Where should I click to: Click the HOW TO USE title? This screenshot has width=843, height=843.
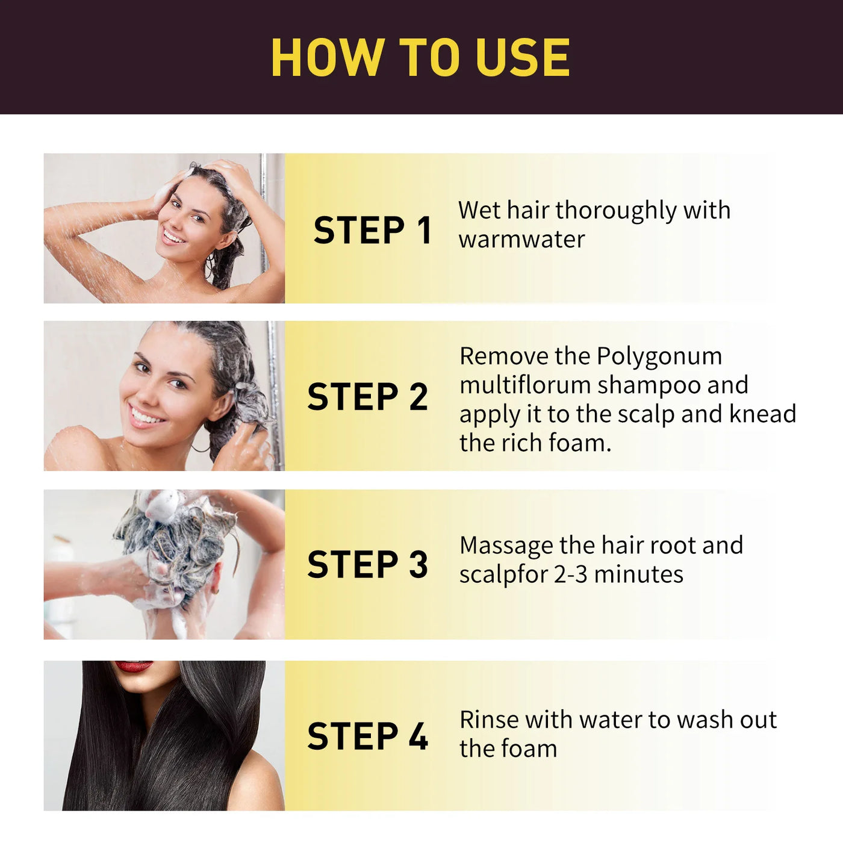coord(420,58)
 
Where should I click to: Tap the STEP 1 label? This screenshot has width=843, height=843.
coord(372,230)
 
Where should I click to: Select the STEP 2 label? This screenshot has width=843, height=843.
coord(367,397)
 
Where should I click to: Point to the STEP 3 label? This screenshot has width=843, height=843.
coord(367,564)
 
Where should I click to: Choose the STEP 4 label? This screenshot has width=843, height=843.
coord(367,736)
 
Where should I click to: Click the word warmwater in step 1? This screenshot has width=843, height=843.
coord(521,240)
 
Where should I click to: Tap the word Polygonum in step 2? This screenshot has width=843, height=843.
coord(659,356)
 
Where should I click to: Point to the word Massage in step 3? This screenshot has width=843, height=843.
coord(506,546)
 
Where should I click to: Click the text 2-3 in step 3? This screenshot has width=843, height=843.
coord(570,574)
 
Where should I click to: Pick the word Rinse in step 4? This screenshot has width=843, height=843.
coord(488,720)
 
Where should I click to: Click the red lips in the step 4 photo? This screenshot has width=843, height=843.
coord(133,666)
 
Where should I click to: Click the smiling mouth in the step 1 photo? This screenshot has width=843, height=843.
coord(173,236)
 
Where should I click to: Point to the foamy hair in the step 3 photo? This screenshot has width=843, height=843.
coord(175,536)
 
